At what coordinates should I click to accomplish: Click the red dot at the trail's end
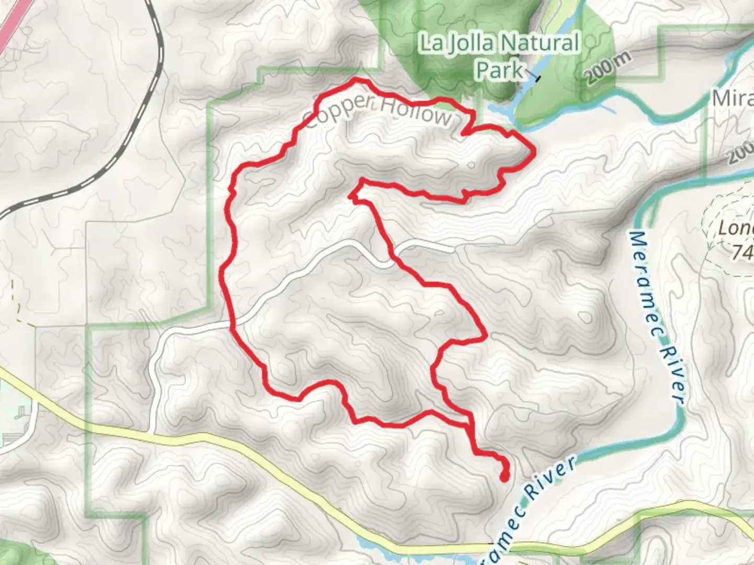[504, 477]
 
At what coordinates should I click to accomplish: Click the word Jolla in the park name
[469, 43]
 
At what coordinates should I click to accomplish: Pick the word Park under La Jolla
[500, 70]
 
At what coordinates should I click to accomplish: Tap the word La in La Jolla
[431, 43]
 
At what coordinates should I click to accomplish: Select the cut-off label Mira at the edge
[733, 98]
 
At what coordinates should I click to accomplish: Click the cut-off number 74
[741, 253]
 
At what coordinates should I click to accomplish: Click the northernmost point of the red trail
[357, 80]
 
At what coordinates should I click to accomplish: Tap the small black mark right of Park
[537, 78]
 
